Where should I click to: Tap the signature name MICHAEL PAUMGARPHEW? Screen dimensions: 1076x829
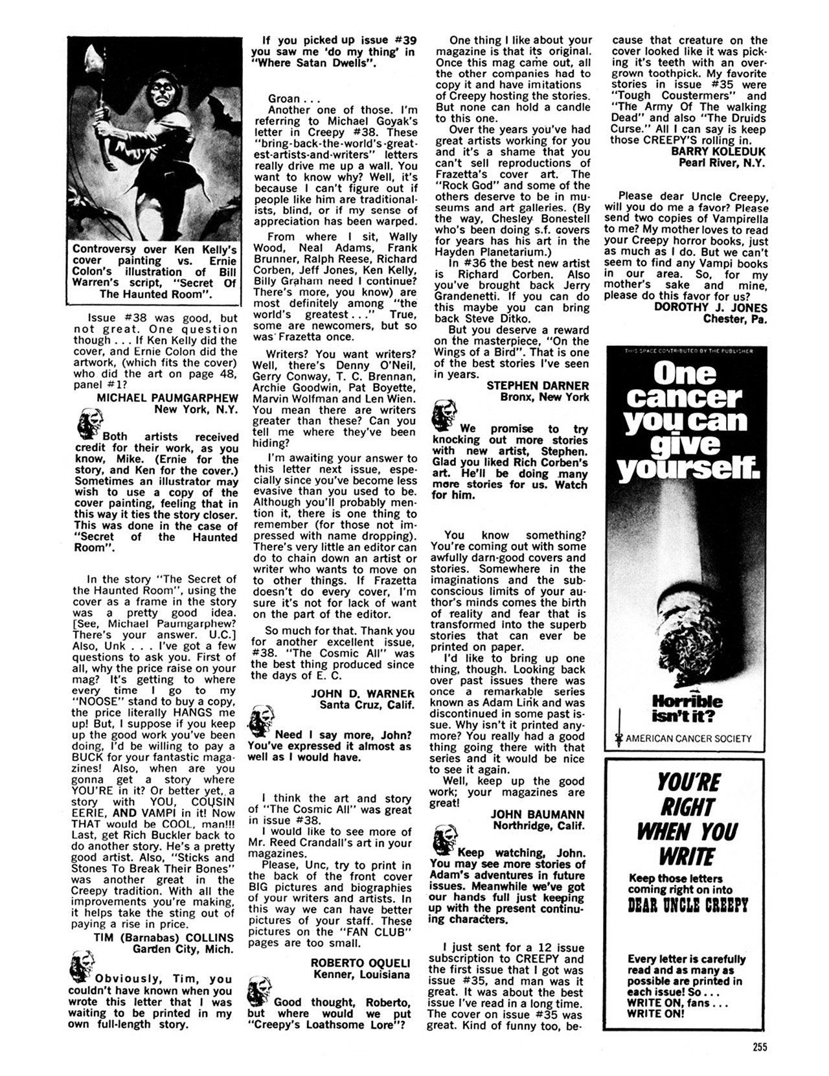(167, 397)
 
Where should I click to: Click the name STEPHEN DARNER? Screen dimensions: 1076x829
(538, 385)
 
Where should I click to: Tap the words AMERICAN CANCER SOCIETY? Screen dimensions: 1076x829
(689, 738)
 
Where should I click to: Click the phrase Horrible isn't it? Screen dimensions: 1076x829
(679, 709)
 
